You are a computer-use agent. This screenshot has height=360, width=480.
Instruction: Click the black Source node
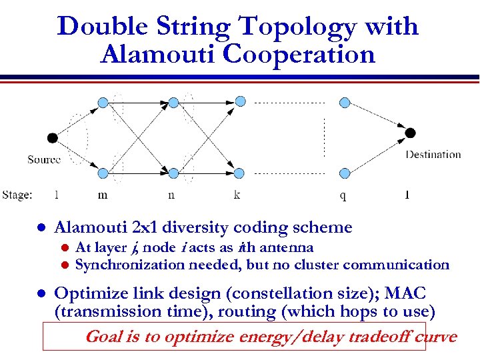[x=53, y=138]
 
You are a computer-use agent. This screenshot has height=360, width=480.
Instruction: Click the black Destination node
[x=410, y=133]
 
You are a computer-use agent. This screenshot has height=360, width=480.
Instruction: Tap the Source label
[x=44, y=159]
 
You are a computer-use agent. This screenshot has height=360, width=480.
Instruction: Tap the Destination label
[x=433, y=155]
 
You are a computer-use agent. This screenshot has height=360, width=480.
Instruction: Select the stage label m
[x=103, y=195]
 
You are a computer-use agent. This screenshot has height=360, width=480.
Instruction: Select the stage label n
[x=171, y=195]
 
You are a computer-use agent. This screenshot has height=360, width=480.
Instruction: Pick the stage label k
[x=237, y=195]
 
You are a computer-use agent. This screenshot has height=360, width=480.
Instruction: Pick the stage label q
[x=343, y=195]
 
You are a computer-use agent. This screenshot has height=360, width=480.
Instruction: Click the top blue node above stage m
[x=103, y=102]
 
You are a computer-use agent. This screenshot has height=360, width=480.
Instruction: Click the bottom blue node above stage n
[x=173, y=173]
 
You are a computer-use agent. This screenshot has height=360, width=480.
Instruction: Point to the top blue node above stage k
[x=240, y=101]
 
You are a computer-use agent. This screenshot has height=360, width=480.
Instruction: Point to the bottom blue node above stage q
[x=345, y=173]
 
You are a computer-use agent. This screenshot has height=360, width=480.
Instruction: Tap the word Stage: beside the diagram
[x=17, y=195]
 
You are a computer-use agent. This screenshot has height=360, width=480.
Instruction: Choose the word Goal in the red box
[x=103, y=337]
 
